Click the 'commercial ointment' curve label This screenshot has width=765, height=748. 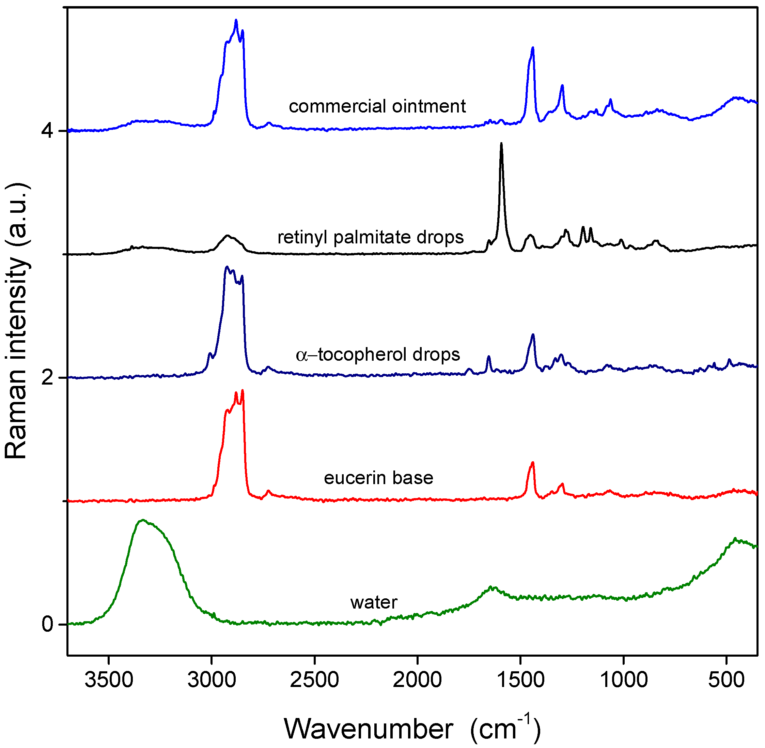377,106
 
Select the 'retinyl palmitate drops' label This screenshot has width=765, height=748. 371,237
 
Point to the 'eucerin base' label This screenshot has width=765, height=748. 378,478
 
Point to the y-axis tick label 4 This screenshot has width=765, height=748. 47,131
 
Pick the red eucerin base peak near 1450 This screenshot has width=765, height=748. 533,462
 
